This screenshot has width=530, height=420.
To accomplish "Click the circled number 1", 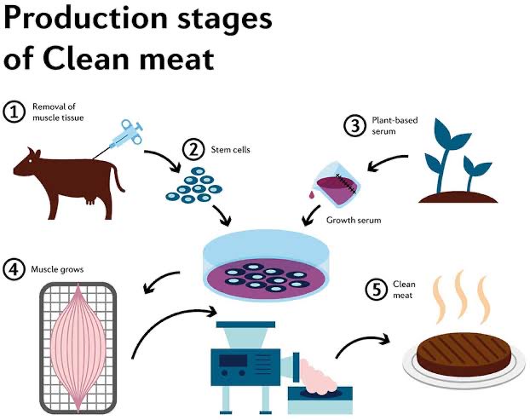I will click(14, 112).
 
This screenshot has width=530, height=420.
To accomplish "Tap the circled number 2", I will click(195, 151).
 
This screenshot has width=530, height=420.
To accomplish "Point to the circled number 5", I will click(376, 290).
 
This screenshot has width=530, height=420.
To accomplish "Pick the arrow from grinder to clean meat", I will click(361, 342).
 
